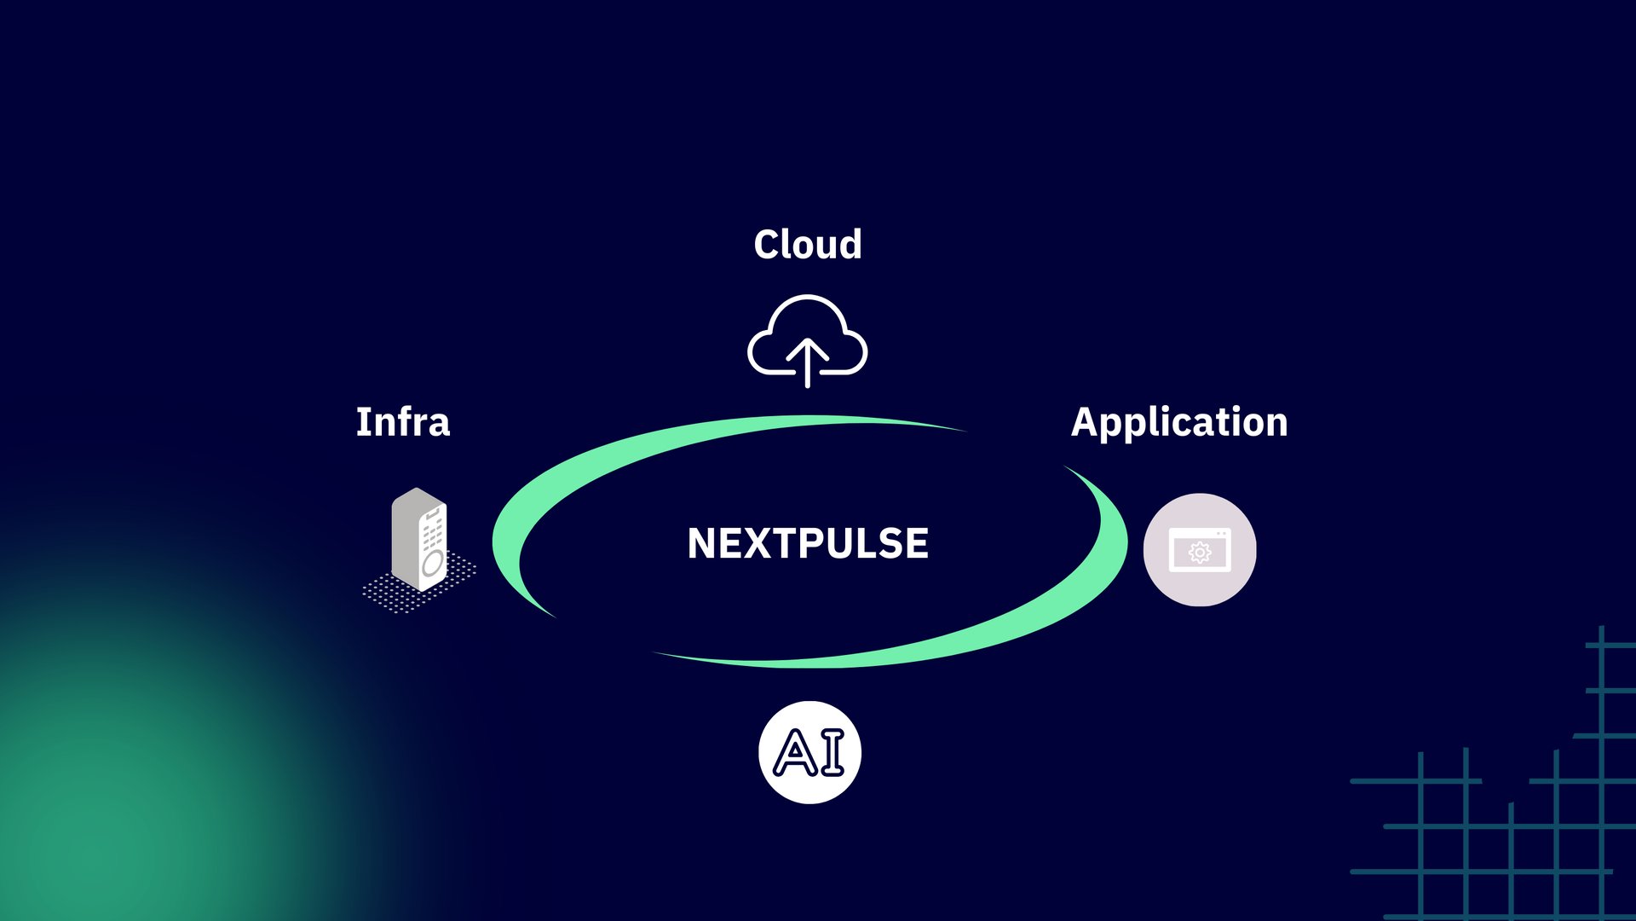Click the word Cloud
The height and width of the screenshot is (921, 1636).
coord(807,245)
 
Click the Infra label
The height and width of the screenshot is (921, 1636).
coord(402,422)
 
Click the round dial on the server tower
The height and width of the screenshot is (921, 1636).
coord(433,563)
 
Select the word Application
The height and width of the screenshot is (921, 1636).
coord(1178,422)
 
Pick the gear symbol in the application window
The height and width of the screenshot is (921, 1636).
coord(1200,553)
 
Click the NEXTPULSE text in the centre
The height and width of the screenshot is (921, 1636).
coord(807,543)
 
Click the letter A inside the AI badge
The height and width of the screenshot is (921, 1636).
coord(795,753)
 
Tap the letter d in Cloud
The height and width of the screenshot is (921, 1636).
coord(849,245)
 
